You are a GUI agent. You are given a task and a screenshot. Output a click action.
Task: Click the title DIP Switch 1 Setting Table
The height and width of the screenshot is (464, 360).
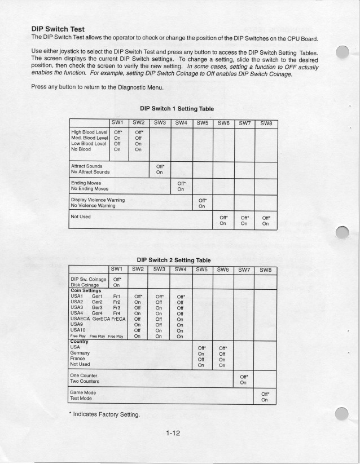[175, 109]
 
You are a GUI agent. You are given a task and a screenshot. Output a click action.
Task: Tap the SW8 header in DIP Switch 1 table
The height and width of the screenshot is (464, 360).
[265, 122]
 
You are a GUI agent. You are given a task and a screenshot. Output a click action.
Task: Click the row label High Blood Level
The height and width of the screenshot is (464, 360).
[89, 132]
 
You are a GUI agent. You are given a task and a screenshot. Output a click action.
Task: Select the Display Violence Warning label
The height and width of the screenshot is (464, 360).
[98, 200]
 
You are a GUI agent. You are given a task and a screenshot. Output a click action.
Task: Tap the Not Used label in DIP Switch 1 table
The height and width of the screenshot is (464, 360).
[81, 216]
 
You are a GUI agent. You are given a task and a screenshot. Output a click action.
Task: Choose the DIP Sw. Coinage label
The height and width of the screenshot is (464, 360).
[89, 279]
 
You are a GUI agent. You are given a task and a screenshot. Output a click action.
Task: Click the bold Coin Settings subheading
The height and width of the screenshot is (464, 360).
[90, 291]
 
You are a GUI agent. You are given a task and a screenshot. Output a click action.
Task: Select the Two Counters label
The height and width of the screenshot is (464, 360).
[88, 382]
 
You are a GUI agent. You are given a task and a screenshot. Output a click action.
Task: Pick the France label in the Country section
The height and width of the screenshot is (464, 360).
[80, 358]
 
